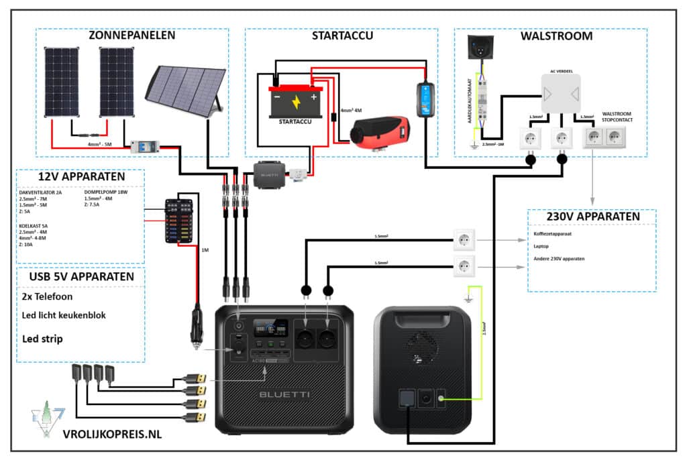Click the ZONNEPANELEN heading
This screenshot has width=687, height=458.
[132, 36]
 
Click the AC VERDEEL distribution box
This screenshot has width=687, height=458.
[561, 94]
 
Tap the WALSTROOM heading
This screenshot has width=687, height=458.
[556, 36]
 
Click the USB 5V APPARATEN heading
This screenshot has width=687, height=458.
[81, 276]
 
